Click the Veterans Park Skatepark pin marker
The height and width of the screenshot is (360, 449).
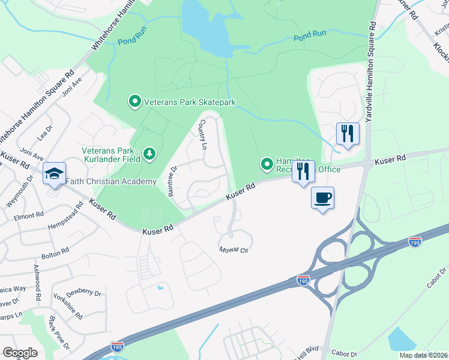point(134,102)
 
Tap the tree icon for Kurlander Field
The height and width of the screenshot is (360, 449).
point(149,155)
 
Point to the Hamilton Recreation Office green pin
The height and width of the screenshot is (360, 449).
point(267,164)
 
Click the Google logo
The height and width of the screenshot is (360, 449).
point(20,352)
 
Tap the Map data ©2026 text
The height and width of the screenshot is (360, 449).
point(423,355)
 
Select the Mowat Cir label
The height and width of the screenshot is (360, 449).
point(234,250)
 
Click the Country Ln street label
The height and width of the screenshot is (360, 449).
point(203,134)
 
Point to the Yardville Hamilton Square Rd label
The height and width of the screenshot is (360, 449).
point(370,73)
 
